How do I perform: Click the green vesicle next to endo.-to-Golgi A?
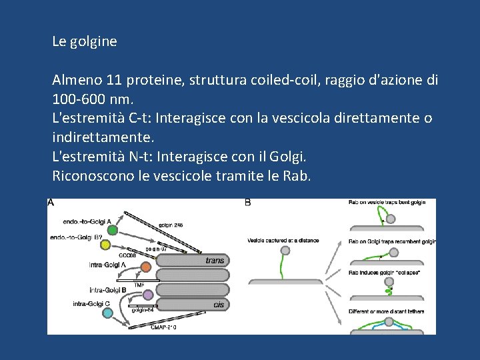(113, 230)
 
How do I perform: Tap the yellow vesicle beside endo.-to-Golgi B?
(105, 245)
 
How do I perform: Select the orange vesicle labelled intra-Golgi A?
(145, 267)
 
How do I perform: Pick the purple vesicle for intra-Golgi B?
(148, 294)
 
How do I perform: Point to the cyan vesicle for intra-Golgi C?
(108, 313)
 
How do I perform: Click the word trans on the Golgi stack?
(215, 261)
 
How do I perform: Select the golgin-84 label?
(143, 310)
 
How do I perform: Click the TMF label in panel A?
(139, 285)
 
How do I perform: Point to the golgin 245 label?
(171, 225)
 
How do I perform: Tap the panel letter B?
(249, 203)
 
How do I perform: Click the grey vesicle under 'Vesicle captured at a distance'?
(285, 251)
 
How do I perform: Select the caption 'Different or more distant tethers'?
(386, 312)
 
